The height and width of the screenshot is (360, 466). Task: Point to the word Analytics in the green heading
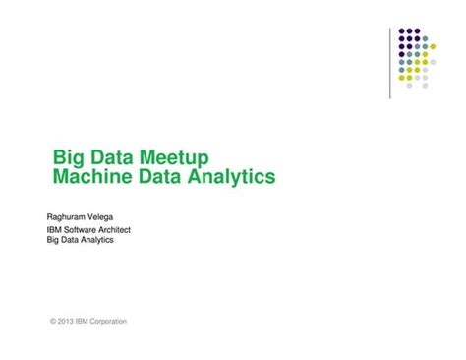tap(232, 178)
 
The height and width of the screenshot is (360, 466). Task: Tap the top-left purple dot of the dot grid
tap(402, 30)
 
